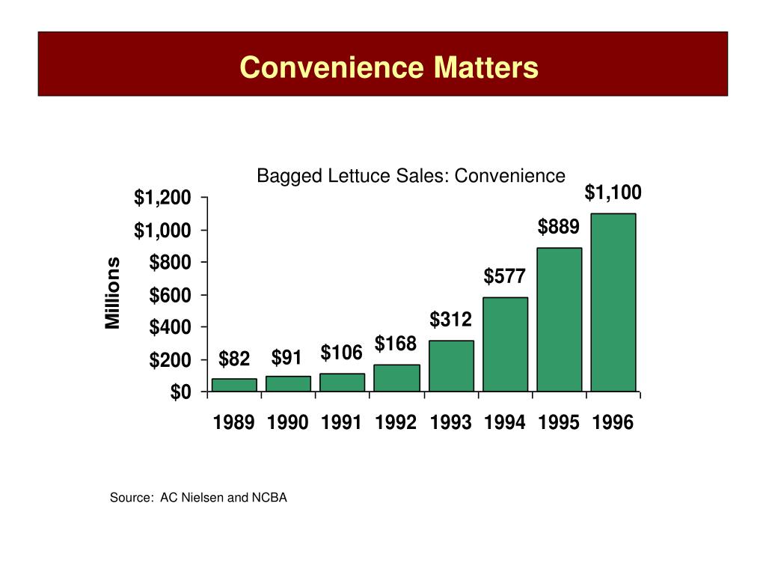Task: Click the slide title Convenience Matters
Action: point(389,67)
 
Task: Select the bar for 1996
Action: point(613,302)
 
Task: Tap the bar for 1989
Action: point(234,385)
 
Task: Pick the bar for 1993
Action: point(451,366)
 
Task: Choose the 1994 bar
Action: point(505,344)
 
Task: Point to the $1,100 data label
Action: point(613,193)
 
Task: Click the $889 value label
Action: point(558,227)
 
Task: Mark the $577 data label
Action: point(504,277)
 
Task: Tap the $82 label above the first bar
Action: point(234,359)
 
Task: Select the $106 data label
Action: point(342,353)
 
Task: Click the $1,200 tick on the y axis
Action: point(162,198)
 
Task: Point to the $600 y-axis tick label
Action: point(170,295)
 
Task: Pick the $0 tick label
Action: point(180,392)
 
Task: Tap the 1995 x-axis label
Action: point(559,423)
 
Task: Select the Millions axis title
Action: point(112,293)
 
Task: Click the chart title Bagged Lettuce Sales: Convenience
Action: point(411,176)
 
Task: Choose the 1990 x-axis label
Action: point(288,423)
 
